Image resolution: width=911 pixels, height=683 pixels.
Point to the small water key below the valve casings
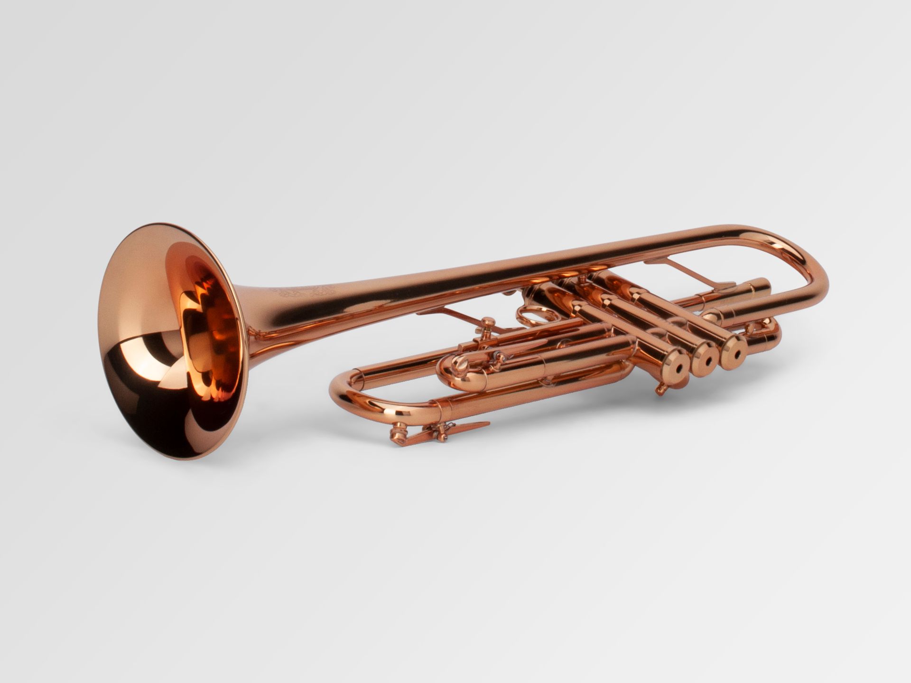(660, 390)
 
